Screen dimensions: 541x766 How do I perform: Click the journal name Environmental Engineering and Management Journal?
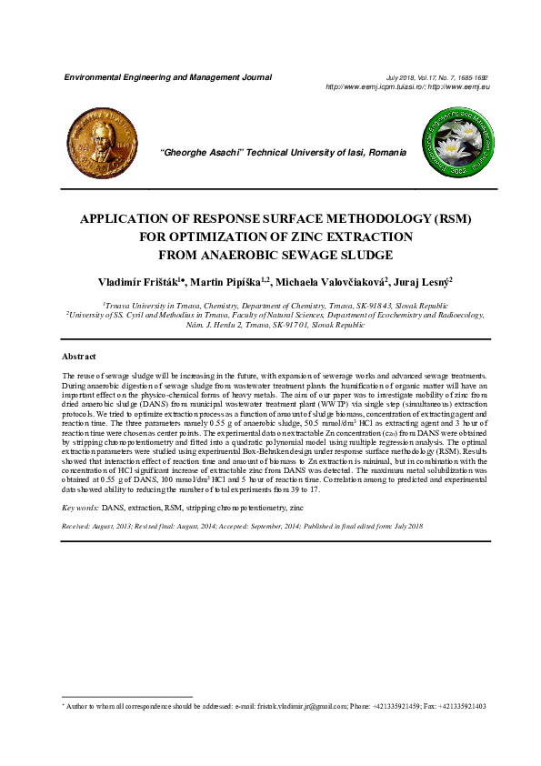(167, 77)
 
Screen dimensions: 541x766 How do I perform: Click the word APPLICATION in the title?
(132, 220)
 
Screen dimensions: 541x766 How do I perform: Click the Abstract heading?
(78, 356)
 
